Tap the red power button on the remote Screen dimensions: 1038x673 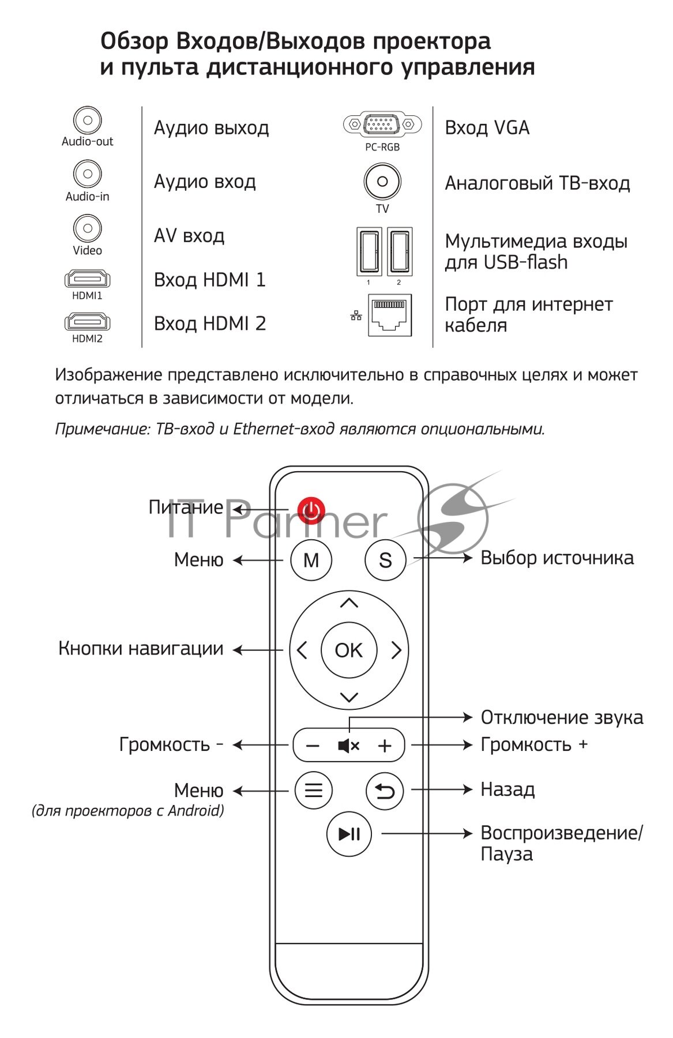click(311, 509)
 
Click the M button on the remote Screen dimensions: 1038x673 click(311, 559)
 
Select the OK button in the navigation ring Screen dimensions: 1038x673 click(348, 650)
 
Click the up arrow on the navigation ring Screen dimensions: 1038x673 click(349, 603)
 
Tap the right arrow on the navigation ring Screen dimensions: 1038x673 click(396, 650)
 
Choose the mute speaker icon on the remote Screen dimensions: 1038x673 click(348, 746)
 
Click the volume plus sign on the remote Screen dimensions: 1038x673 click(385, 746)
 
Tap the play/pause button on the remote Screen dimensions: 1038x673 click(349, 834)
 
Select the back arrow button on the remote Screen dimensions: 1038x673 click(385, 790)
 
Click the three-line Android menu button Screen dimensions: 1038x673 click(313, 790)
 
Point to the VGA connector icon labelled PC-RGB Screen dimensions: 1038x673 click(379, 124)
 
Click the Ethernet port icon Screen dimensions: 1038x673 click(390, 315)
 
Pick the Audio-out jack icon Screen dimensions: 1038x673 click(88, 121)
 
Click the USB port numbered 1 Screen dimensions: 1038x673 click(369, 251)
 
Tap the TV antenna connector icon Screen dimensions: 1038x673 click(382, 182)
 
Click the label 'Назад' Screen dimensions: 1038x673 click(507, 789)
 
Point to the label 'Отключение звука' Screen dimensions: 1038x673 click(562, 717)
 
